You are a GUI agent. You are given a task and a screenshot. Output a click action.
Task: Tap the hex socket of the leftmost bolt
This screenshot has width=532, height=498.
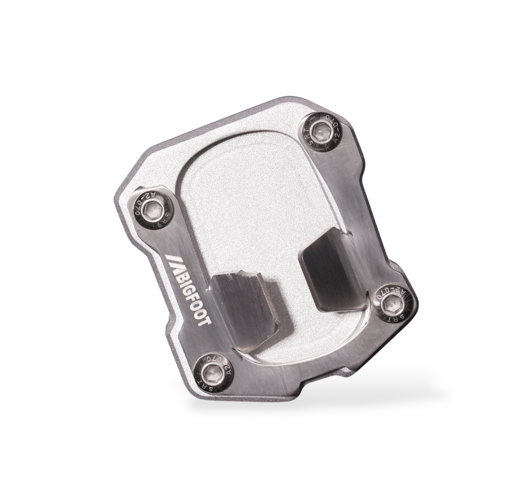[154, 208]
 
